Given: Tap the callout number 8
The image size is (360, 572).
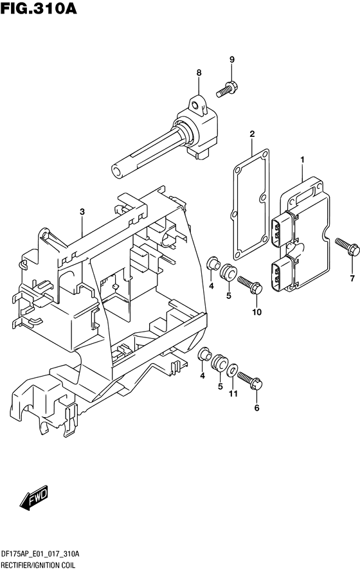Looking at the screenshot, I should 199,73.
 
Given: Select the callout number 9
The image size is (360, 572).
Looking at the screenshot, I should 232,61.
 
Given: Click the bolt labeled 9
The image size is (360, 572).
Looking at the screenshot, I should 227,89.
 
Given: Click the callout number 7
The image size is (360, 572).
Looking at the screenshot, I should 352,278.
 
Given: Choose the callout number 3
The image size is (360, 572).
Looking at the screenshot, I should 82,211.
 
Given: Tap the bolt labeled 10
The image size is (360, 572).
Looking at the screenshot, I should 249,285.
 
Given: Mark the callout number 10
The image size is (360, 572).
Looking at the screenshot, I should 257,312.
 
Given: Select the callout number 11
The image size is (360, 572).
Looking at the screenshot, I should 234,393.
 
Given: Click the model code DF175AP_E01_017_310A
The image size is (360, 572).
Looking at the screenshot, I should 50,553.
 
